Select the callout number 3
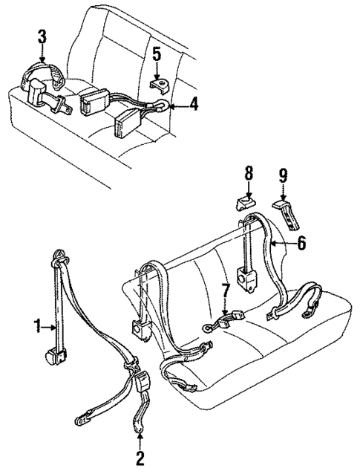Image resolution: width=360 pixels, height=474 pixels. (x=42, y=36)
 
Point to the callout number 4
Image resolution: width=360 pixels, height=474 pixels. (x=194, y=105)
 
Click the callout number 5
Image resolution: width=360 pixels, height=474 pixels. (x=157, y=53)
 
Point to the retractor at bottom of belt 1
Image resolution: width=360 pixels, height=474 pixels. (x=55, y=358)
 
